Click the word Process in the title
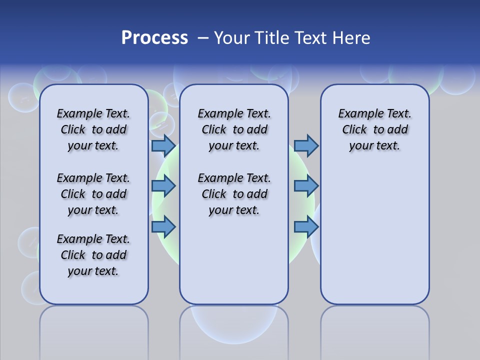pyautogui.click(x=154, y=38)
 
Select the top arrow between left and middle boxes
pyautogui.click(x=163, y=145)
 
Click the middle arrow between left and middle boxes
pyautogui.click(x=163, y=186)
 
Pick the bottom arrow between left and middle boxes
pyautogui.click(x=163, y=227)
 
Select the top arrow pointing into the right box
pyautogui.click(x=306, y=145)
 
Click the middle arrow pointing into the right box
pyautogui.click(x=306, y=186)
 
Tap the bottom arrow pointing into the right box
pyautogui.click(x=306, y=227)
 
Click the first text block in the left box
pyautogui.click(x=93, y=129)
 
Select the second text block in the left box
pyautogui.click(x=93, y=194)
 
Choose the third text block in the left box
pyautogui.click(x=93, y=255)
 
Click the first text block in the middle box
pyautogui.click(x=234, y=129)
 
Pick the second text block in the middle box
pyautogui.click(x=234, y=194)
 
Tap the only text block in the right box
pyautogui.click(x=374, y=129)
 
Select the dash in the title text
pyautogui.click(x=203, y=38)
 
